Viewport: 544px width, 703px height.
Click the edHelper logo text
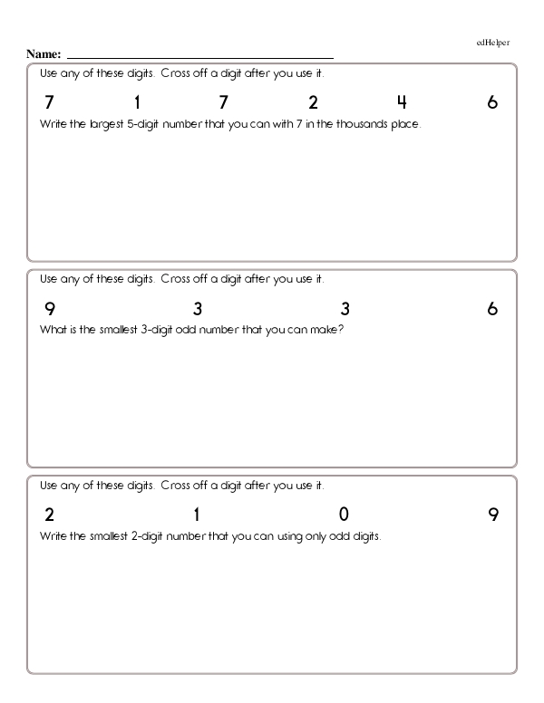[492, 42]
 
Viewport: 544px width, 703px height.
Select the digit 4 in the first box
[402, 102]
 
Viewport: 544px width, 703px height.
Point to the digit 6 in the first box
[492, 102]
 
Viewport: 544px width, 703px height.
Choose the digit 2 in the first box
[313, 102]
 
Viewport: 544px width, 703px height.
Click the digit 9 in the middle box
[49, 309]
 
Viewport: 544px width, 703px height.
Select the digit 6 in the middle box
[492, 309]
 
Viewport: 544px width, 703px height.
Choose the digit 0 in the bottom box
[344, 515]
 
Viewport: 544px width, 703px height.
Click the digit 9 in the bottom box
[492, 515]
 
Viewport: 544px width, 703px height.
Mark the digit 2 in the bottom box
[49, 515]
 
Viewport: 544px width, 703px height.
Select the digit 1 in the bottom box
[197, 515]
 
